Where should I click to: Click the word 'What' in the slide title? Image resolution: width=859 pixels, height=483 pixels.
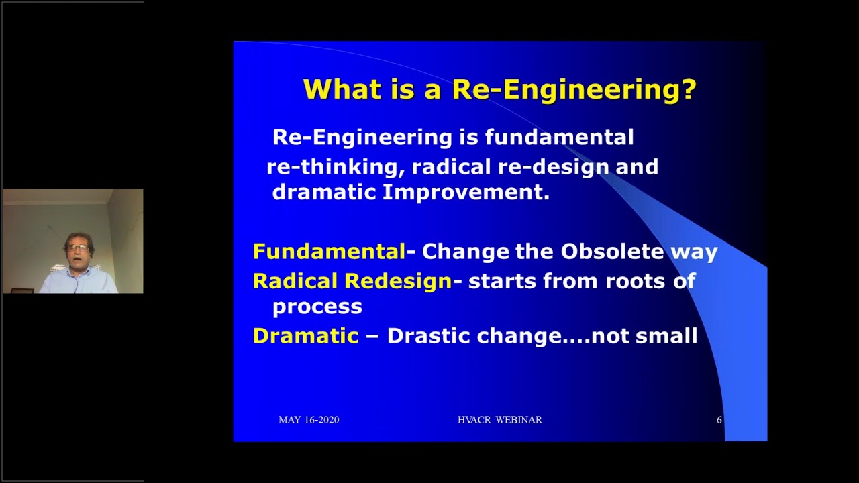339,89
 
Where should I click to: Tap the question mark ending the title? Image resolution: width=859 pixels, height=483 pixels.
689,89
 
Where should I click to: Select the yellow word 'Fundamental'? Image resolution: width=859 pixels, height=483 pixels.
329,252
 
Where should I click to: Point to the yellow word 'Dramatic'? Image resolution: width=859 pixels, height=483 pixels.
305,335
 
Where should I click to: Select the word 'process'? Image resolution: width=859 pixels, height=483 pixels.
317,307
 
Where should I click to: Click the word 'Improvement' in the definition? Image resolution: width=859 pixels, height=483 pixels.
466,193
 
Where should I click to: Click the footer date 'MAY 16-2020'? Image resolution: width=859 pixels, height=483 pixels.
309,420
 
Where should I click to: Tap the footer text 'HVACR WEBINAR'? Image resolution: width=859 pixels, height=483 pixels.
499,420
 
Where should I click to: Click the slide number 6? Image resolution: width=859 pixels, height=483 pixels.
719,420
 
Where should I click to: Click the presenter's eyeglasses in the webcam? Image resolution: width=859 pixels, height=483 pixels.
78,248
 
